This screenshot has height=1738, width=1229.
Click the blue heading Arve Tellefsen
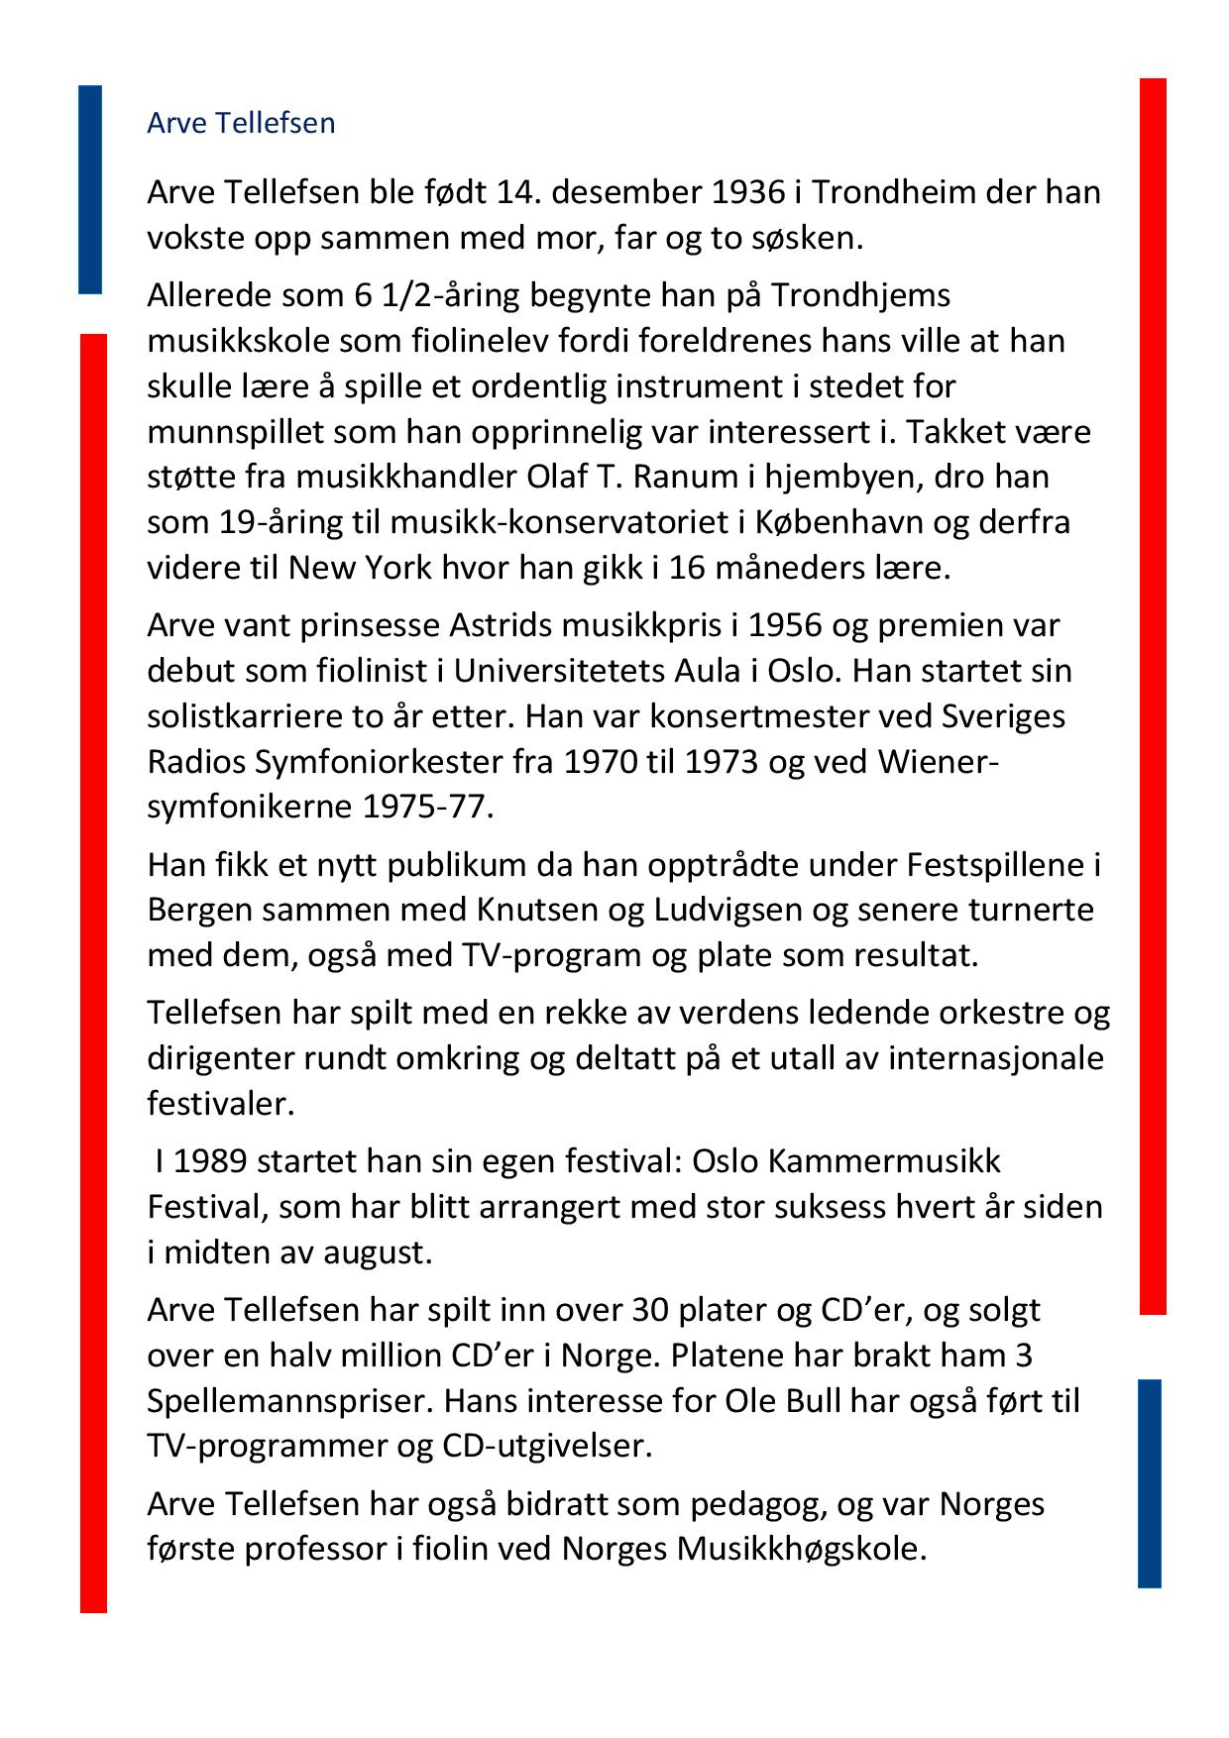tap(241, 123)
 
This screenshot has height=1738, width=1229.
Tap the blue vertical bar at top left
tap(90, 189)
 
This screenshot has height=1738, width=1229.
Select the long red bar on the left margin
tap(93, 971)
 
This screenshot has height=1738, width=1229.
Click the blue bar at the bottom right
tap(1149, 1482)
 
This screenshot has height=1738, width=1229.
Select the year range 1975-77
tap(425, 807)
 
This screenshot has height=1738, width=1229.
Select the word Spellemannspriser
tap(287, 1401)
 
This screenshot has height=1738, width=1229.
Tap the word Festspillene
tap(998, 865)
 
